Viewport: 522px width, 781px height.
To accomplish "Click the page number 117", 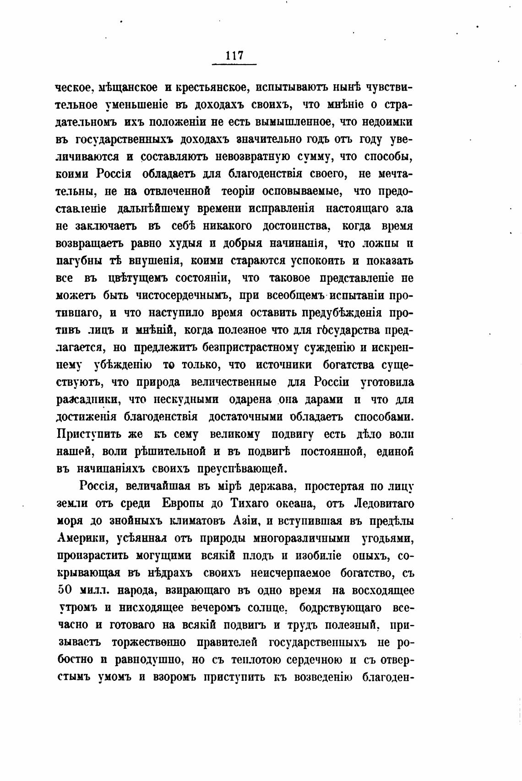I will point(234,56).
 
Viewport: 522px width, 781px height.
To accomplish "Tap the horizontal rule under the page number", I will point(234,65).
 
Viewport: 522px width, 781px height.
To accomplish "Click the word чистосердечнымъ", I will point(182,296).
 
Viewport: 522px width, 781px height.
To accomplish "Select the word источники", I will point(284,365).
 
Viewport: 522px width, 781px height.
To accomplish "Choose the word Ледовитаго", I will point(384,503).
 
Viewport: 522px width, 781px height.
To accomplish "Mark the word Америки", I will point(82,538).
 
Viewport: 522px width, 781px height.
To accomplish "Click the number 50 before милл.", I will point(65,590).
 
